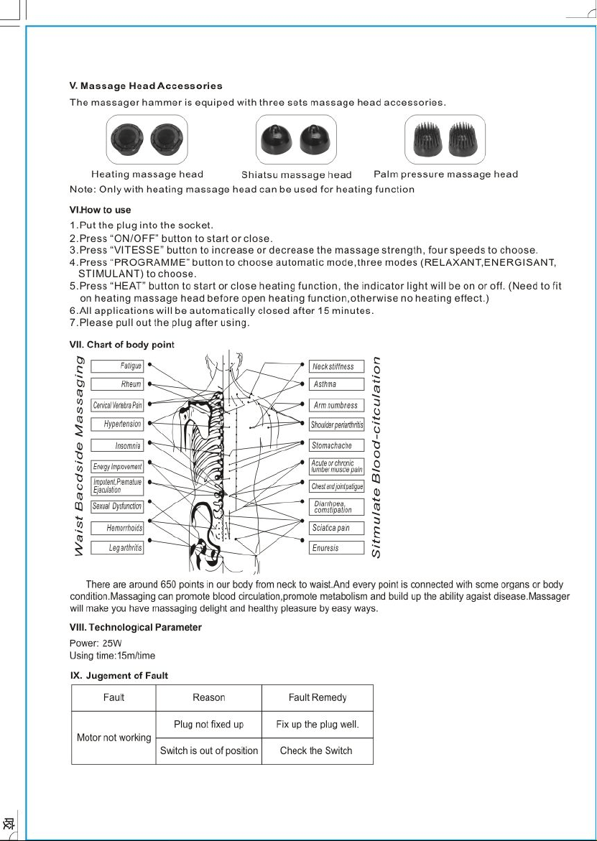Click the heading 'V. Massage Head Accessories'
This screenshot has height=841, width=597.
click(x=146, y=85)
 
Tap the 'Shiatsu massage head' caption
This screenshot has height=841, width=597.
click(x=297, y=175)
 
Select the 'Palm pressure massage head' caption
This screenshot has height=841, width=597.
click(x=445, y=175)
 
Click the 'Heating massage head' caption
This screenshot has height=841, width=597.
click(x=147, y=175)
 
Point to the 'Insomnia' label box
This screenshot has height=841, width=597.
click(x=117, y=446)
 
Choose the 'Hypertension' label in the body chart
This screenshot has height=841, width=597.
click(x=117, y=424)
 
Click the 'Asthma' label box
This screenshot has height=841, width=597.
click(x=336, y=384)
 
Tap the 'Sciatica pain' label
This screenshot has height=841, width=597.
click(x=336, y=528)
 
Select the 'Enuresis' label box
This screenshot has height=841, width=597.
click(x=336, y=548)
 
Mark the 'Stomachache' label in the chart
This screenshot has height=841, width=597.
click(x=336, y=445)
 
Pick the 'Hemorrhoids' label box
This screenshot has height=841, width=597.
click(x=117, y=529)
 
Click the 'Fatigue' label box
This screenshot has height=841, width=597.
click(x=117, y=366)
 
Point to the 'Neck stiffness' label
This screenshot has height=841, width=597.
click(x=336, y=366)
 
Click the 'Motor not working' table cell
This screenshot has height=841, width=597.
click(x=114, y=738)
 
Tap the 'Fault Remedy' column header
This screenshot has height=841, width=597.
click(x=318, y=698)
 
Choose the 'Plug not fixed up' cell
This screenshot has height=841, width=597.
click(x=208, y=725)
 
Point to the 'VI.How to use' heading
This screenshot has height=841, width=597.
click(x=101, y=210)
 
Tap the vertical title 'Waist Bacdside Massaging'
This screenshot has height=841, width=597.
click(x=79, y=455)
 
